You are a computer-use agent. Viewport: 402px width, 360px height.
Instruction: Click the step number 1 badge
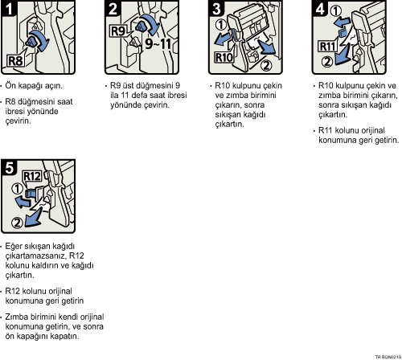pos(9,9)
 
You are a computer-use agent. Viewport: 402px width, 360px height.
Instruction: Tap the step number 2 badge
pos(113,9)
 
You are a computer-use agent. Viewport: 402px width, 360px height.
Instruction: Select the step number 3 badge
pos(216,9)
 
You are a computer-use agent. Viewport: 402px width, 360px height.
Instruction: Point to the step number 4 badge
pos(320,9)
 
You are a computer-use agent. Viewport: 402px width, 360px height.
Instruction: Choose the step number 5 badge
pos(9,168)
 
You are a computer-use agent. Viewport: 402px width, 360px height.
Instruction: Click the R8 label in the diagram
pos(15,61)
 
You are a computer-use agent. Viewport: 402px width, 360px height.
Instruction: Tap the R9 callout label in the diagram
pos(118,31)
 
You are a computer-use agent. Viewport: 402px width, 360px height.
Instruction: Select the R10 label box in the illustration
pos(224,57)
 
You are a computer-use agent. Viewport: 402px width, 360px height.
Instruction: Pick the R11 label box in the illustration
pos(327,47)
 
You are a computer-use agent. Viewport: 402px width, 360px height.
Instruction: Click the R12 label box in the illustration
pos(32,176)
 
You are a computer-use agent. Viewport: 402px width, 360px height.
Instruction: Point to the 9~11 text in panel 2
pos(158,43)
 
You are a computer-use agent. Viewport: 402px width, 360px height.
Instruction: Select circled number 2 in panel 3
pos(266,65)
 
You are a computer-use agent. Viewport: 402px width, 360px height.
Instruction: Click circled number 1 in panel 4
pos(335,11)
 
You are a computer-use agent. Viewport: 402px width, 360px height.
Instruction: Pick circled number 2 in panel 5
pos(17,223)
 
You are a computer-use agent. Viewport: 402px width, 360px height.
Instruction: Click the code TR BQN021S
pos(388,357)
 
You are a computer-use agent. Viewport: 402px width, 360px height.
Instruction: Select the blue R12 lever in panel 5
pos(31,194)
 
